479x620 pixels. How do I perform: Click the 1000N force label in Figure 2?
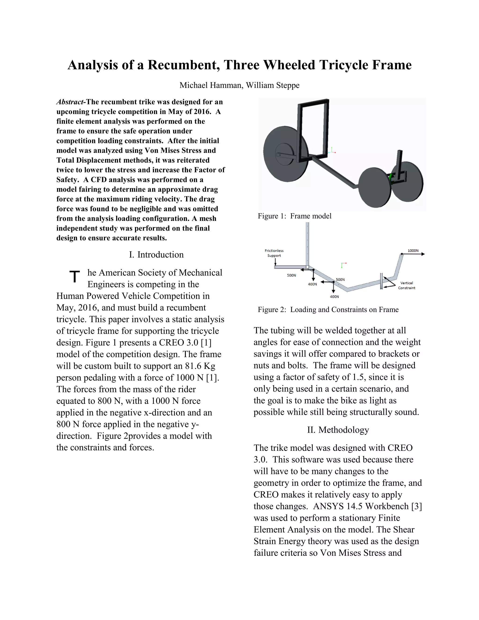[413, 251]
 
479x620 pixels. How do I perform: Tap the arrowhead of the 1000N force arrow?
[423, 254]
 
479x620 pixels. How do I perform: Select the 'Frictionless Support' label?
[274, 253]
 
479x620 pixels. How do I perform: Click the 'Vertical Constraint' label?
[406, 285]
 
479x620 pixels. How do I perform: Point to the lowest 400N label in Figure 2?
[334, 297]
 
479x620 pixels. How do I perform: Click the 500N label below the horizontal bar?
[291, 275]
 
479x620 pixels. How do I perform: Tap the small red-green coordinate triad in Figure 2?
[343, 265]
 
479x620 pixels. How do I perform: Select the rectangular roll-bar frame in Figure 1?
[313, 129]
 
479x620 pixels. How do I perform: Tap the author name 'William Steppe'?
[272, 85]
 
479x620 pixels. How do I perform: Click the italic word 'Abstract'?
[70, 102]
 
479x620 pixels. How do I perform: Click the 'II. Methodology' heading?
[338, 430]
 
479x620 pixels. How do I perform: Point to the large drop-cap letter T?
[75, 277]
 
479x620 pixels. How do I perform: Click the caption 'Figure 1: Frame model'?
[294, 216]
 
